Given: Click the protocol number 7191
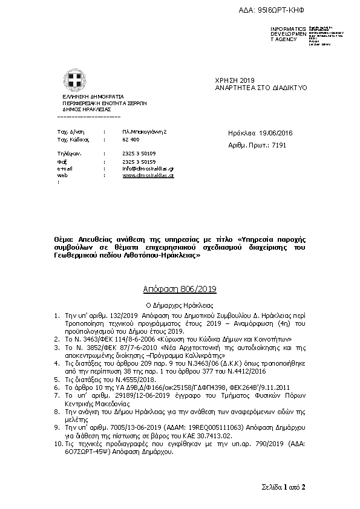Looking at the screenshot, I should (x=279, y=145).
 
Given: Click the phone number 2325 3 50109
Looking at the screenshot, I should (x=139, y=154).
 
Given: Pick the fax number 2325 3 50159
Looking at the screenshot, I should (x=139, y=161).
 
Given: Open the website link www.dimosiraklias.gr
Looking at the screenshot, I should (x=148, y=175).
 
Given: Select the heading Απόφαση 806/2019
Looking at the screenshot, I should (x=180, y=291).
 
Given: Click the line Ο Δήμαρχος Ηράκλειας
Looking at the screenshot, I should (x=180, y=306).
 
